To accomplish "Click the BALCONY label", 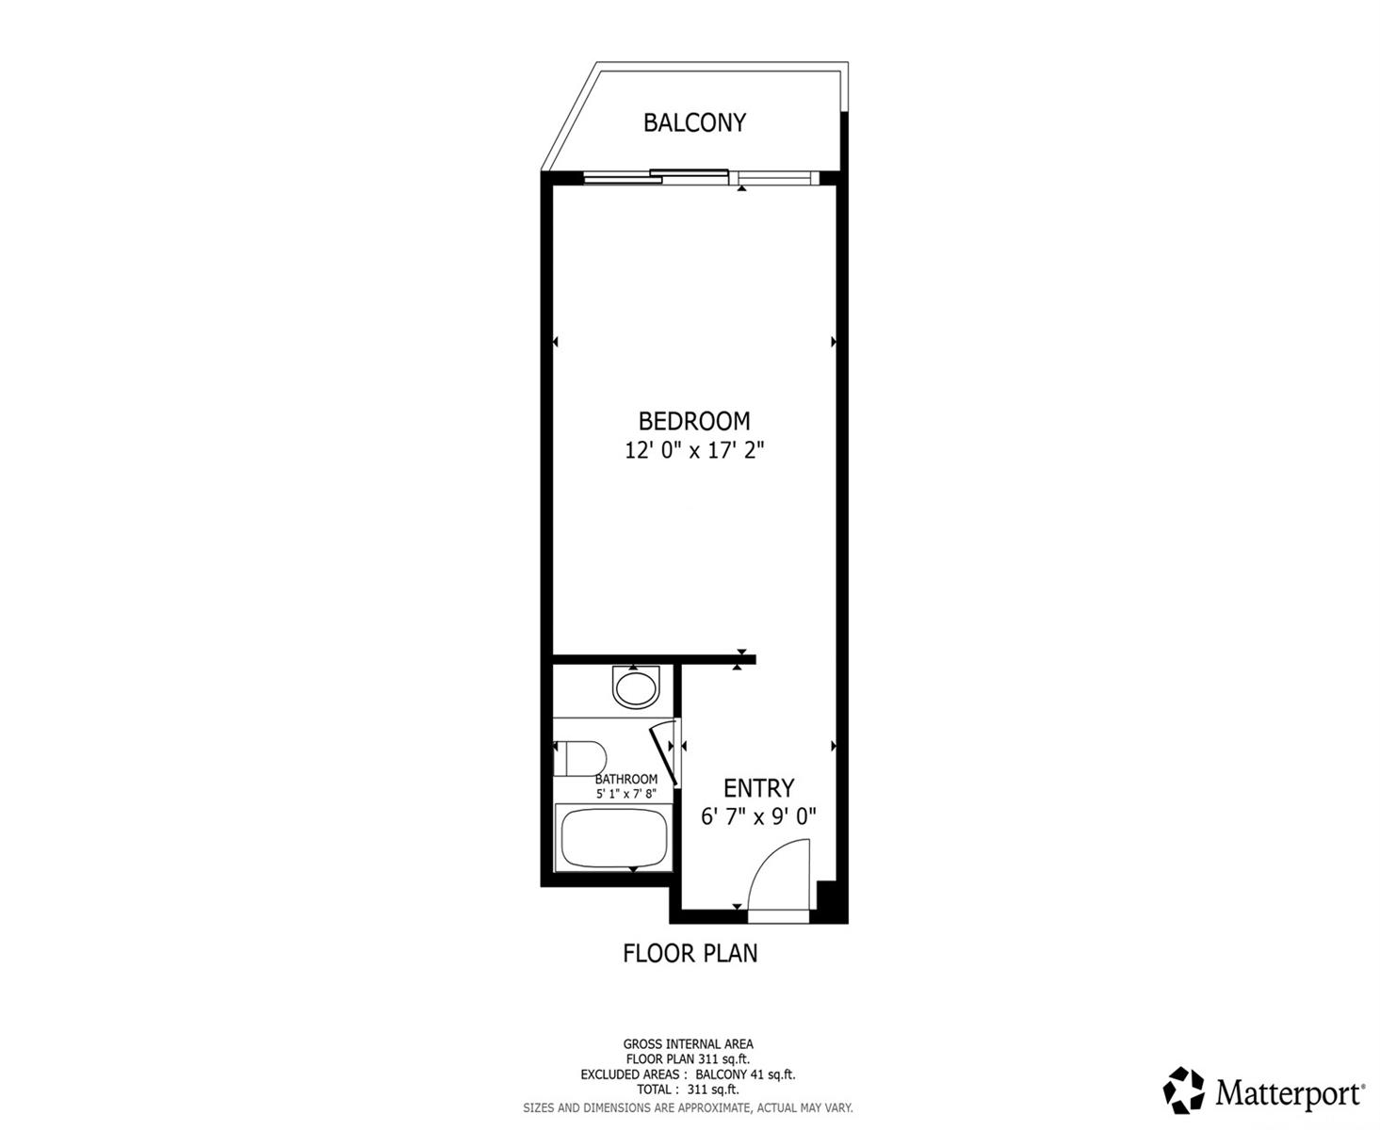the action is click(694, 122).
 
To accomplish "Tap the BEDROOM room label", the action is click(694, 421).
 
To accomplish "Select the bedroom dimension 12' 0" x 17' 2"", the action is click(694, 450).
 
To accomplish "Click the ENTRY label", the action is click(758, 788).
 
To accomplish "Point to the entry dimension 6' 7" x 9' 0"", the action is click(758, 816).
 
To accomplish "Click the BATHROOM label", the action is click(626, 780).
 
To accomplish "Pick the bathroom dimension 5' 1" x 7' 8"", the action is click(625, 794).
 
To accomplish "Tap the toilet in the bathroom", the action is click(579, 758).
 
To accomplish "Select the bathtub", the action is click(613, 838).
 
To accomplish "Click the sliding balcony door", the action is click(700, 176).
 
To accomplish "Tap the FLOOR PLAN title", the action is click(690, 953).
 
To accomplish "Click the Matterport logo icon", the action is click(1183, 1090).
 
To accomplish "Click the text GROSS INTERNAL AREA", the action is click(688, 1044).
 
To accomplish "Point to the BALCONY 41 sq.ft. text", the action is click(745, 1074).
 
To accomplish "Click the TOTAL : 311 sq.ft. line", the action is click(688, 1090).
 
